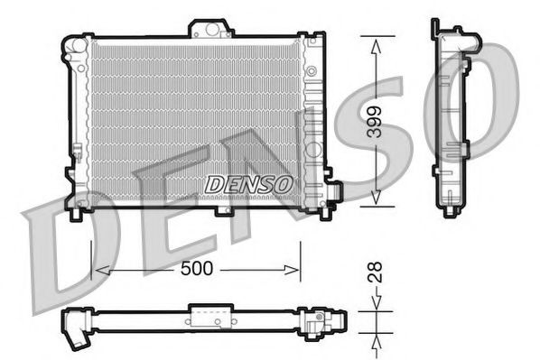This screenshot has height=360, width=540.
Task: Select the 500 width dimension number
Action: click(x=198, y=270)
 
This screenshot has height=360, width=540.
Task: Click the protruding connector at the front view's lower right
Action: click(x=334, y=191)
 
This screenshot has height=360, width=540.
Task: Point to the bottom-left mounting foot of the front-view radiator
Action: click(x=78, y=213)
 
